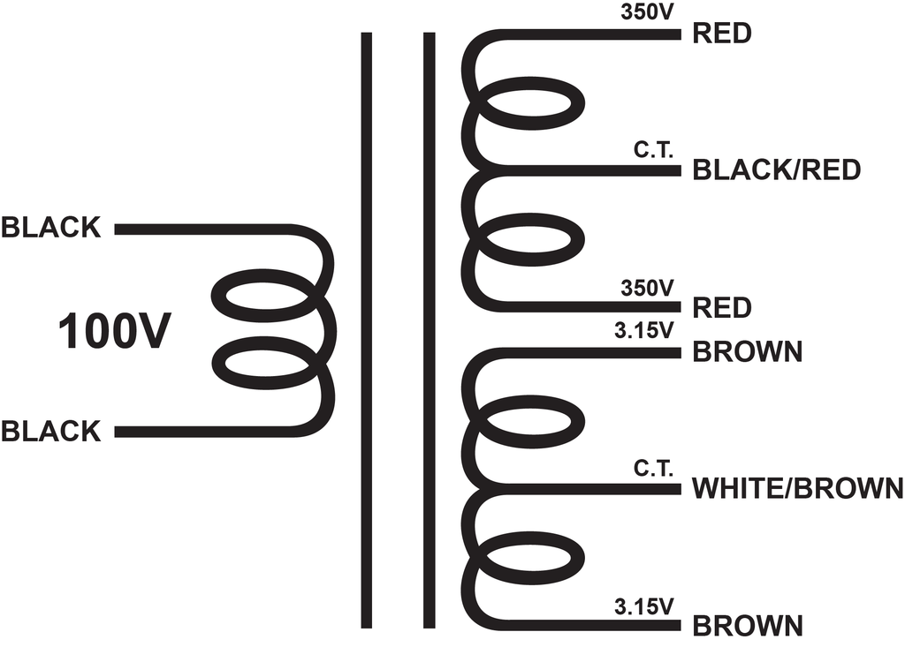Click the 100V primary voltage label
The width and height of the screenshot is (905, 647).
point(114,331)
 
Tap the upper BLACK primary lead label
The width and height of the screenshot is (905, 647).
point(50,228)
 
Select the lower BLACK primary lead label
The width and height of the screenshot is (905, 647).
point(50,432)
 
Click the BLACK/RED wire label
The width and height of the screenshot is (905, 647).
point(776,170)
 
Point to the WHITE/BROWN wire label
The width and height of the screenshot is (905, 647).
point(798,488)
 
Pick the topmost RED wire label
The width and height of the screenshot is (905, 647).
point(721,34)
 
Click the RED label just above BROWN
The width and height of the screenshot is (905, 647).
point(721,308)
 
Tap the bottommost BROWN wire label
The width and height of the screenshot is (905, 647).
point(748,626)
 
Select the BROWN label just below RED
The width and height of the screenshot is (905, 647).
point(748,351)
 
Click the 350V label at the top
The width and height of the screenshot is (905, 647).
point(647,12)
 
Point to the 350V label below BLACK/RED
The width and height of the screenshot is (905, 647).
point(647,288)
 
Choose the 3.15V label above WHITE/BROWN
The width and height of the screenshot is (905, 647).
point(643,330)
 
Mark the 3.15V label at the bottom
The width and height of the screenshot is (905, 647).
point(643,606)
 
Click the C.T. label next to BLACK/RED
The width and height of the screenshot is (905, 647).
point(653,150)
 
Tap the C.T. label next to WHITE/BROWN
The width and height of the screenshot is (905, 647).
point(653,468)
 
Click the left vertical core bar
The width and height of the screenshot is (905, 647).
point(367,330)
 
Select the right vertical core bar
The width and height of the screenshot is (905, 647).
point(429,330)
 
